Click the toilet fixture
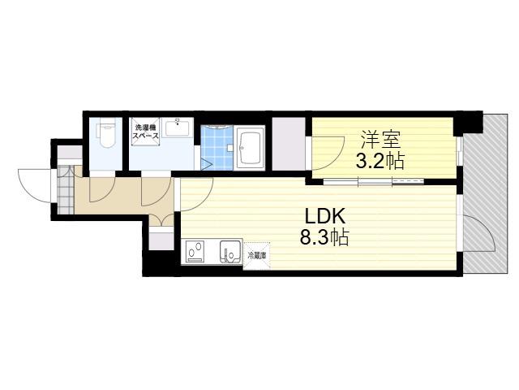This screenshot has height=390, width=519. (105, 136)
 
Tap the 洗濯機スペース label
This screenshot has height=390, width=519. (145, 132)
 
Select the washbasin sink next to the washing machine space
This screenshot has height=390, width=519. (177, 128)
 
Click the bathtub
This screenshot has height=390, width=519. (249, 147)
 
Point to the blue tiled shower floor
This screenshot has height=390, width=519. (217, 148)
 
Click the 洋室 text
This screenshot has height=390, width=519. (380, 140)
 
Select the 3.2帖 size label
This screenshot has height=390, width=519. (380, 162)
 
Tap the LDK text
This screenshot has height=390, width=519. (324, 217)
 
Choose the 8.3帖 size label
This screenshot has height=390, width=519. (324, 237)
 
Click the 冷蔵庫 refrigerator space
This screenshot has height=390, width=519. (257, 255)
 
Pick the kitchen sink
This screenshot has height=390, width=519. (230, 252)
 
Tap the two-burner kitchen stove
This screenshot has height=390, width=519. (195, 252)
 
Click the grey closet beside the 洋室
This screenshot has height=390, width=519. (289, 144)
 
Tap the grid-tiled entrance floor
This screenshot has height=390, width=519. (66, 190)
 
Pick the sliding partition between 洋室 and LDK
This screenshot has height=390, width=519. (373, 181)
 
